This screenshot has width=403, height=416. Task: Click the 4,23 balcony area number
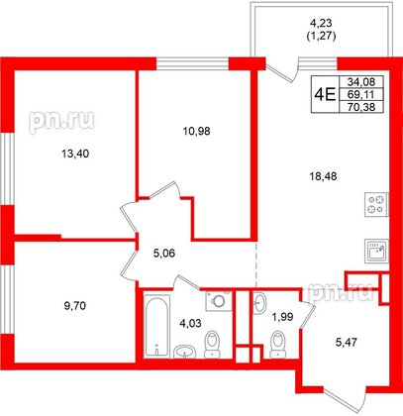(x=323, y=28)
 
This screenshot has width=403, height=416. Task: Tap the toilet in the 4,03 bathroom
(x=213, y=346)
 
